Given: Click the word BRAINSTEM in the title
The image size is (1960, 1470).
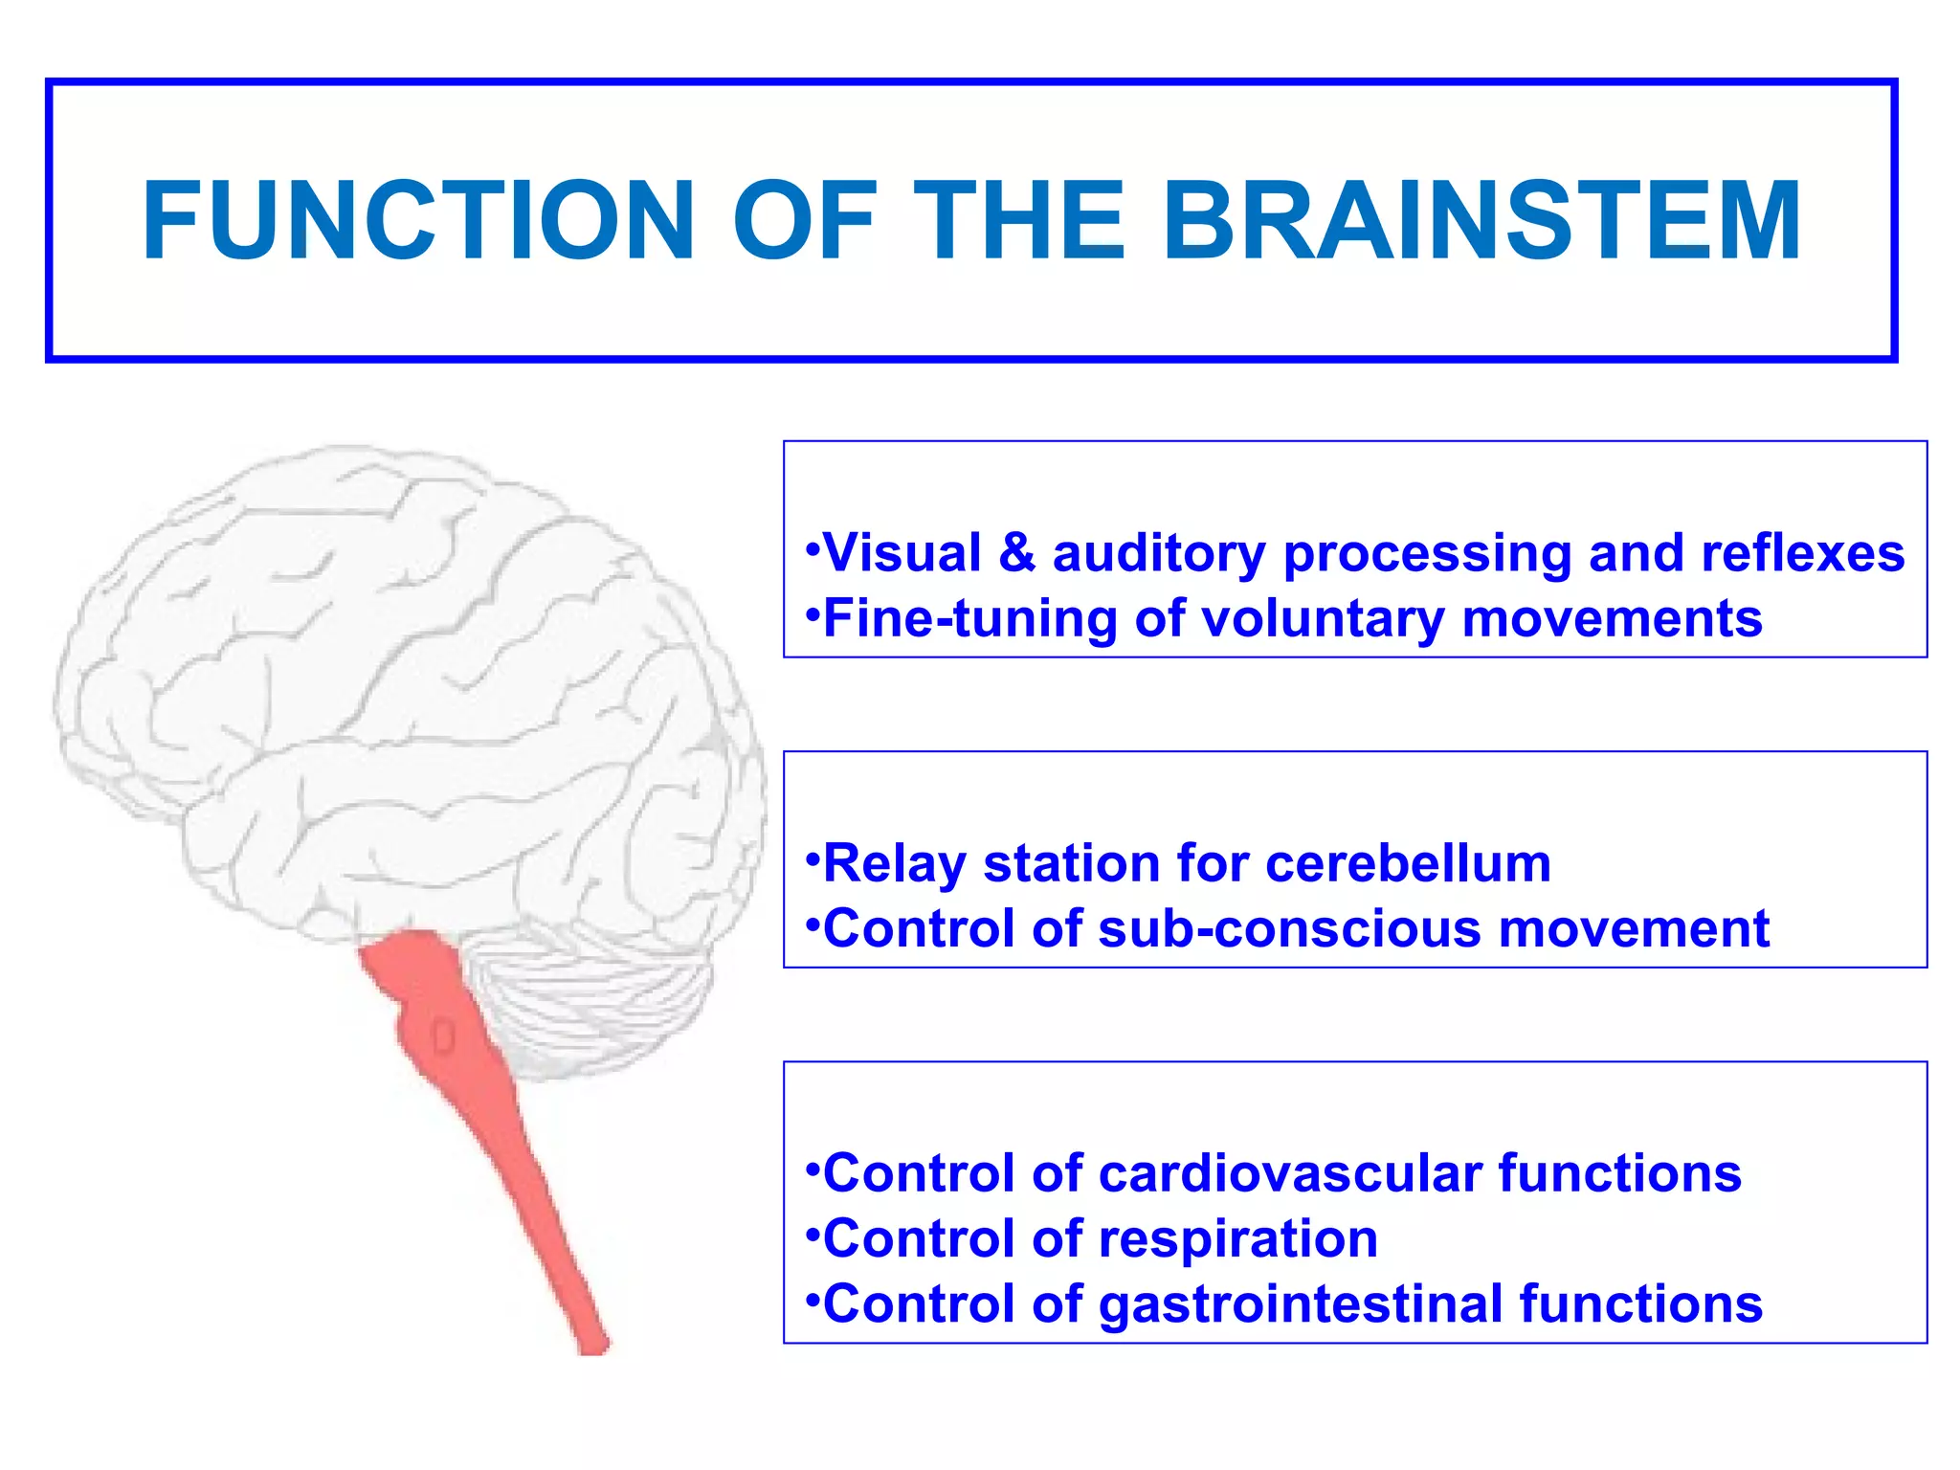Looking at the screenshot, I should point(1481,221).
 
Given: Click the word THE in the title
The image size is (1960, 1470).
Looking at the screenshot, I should point(1018,221).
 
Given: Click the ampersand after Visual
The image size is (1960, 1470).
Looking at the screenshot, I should point(1016,553).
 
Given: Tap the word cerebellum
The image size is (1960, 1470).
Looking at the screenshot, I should point(1408,863).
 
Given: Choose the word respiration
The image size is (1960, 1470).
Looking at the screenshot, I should point(1238,1239).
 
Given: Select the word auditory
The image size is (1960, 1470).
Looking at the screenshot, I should point(1158,555).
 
